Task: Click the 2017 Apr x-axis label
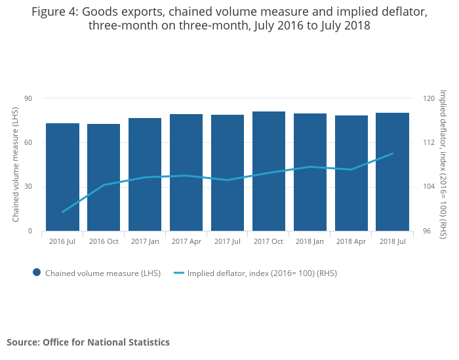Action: coord(186,241)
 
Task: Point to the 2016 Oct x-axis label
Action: coord(104,241)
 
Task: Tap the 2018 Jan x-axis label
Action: coord(310,241)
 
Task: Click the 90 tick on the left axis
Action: coord(28,98)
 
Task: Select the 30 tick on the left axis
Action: coord(28,187)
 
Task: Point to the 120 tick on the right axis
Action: coord(429,98)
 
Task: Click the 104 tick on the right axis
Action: coord(429,187)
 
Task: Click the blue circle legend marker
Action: coord(37,273)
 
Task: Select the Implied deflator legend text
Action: coord(262,273)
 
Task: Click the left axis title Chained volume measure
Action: coord(16,165)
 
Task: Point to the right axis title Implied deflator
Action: coord(443,165)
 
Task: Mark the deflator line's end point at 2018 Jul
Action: coord(392,153)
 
